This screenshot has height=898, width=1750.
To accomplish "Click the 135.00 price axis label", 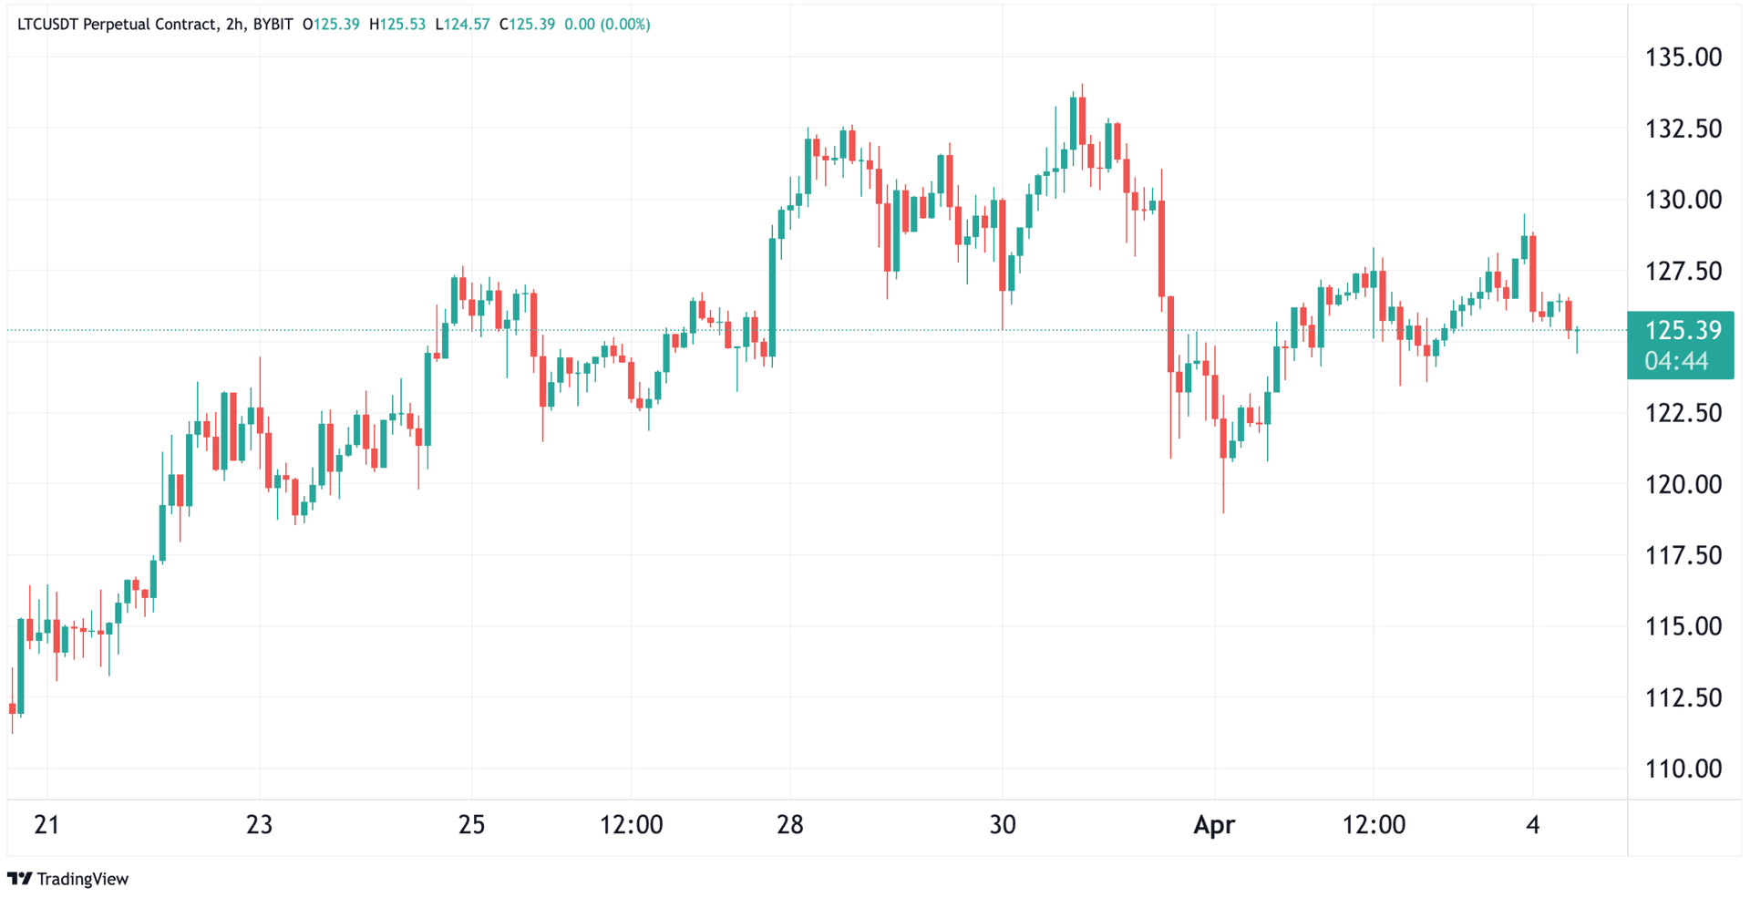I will pyautogui.click(x=1683, y=57).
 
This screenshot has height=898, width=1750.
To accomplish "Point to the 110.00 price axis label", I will pyautogui.click(x=1683, y=769).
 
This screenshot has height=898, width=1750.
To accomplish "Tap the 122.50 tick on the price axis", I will pyautogui.click(x=1683, y=413).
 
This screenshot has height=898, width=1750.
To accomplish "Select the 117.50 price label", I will pyautogui.click(x=1683, y=555).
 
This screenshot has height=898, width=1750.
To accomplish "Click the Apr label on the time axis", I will pyautogui.click(x=1214, y=825).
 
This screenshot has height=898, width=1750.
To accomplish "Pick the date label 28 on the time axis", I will pyautogui.click(x=789, y=825).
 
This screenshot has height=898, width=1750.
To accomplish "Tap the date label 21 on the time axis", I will pyautogui.click(x=46, y=825).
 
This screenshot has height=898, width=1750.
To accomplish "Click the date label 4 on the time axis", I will pyautogui.click(x=1532, y=825).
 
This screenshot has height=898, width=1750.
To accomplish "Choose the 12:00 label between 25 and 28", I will pyautogui.click(x=631, y=825).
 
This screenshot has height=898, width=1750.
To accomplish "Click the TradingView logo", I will pyautogui.click(x=68, y=879).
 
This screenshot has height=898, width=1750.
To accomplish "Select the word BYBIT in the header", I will pyautogui.click(x=273, y=25).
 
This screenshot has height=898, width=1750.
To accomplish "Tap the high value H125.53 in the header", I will pyautogui.click(x=397, y=25).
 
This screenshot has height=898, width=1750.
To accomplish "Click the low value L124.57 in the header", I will pyautogui.click(x=462, y=25).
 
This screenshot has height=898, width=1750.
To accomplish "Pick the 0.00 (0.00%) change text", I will pyautogui.click(x=607, y=25).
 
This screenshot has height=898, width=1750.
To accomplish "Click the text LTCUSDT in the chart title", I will pyautogui.click(x=47, y=25).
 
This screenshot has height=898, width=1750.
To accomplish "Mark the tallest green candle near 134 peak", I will pyautogui.click(x=1074, y=123).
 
